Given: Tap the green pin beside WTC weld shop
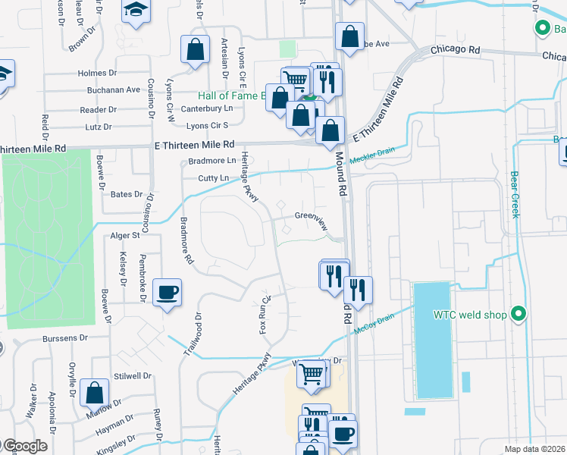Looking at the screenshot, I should pyautogui.click(x=518, y=313).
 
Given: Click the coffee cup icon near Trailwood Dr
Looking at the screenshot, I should pyautogui.click(x=167, y=292).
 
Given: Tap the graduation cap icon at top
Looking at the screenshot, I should pyautogui.click(x=136, y=11).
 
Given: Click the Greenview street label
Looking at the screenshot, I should pyautogui.click(x=310, y=216).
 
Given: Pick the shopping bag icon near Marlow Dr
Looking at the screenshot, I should pyautogui.click(x=95, y=394).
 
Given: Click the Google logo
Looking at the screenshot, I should pyautogui.click(x=24, y=446).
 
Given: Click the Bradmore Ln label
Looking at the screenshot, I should pyautogui.click(x=211, y=161).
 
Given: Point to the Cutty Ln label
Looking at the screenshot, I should pyautogui.click(x=213, y=178).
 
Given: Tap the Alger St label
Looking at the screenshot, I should pyautogui.click(x=126, y=236).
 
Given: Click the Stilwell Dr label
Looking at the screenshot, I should pyautogui.click(x=133, y=375).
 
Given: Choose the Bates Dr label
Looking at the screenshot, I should pyautogui.click(x=127, y=194).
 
